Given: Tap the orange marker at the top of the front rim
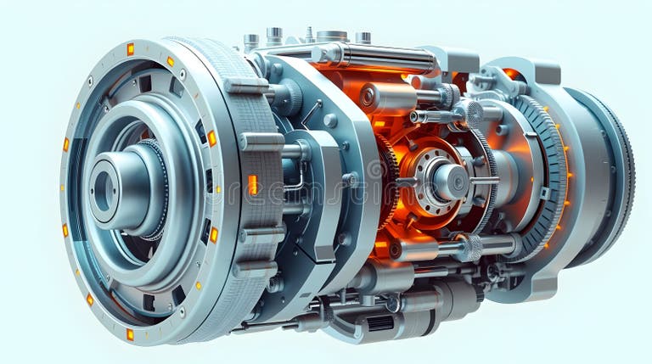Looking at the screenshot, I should point(130,49).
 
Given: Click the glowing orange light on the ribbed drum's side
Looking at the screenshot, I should point(252,184).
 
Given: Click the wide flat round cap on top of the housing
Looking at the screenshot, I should point(331,36).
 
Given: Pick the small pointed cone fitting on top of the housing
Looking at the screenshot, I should point(309,35).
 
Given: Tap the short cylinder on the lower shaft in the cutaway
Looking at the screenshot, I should point(416,250).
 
